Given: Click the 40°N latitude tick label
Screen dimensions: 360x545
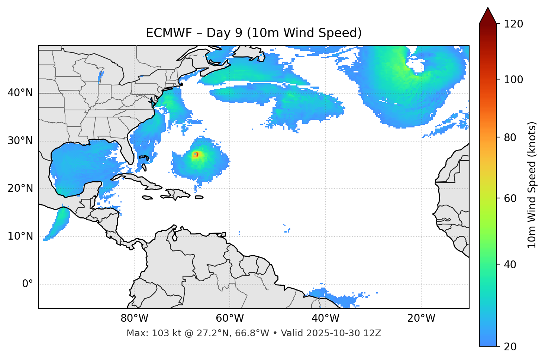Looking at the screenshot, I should click(20, 93).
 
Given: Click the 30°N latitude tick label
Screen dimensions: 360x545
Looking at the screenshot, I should click(20, 141).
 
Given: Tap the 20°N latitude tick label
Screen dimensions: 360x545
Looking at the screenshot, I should click(20, 188).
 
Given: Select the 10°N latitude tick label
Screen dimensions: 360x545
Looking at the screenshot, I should click(20, 236).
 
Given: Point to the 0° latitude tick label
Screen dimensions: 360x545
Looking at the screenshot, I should click(28, 284).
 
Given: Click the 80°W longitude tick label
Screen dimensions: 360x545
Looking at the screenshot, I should click(134, 318).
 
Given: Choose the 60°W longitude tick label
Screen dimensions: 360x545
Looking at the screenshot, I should click(230, 318).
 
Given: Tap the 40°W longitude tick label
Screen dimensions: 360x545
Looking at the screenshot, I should click(325, 318).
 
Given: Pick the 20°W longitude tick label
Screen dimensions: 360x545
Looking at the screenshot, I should click(421, 318).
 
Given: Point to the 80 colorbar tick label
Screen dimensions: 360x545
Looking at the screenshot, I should click(510, 137).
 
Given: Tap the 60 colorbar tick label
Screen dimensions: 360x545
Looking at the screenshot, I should click(510, 198).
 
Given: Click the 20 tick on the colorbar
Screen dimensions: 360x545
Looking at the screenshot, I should click(510, 346).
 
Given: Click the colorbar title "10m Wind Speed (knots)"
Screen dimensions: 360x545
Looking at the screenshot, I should click(532, 185).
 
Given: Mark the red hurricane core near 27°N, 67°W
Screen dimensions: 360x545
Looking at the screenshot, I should click(196, 155).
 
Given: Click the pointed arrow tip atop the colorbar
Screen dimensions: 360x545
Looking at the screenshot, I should click(488, 8).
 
